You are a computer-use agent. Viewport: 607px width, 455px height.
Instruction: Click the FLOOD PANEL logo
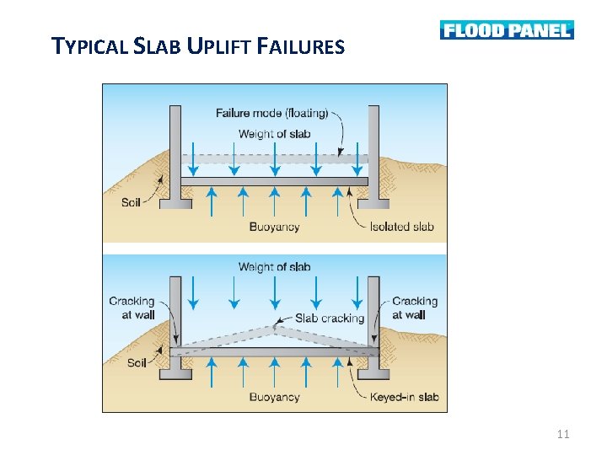pyautogui.click(x=506, y=30)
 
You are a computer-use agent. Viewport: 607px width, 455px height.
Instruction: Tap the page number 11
pyautogui.click(x=564, y=434)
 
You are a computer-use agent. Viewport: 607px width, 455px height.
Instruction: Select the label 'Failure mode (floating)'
pyautogui.click(x=271, y=114)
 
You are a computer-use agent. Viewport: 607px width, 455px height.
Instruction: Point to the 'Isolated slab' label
pyautogui.click(x=402, y=226)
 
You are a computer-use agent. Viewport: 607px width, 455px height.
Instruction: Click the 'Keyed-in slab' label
pyautogui.click(x=405, y=397)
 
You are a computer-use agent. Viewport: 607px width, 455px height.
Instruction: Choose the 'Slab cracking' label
pyautogui.click(x=330, y=318)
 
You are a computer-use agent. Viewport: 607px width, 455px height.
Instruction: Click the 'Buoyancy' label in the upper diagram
pyautogui.click(x=275, y=226)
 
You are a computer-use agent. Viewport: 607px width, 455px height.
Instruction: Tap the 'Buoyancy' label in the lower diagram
pyautogui.click(x=275, y=397)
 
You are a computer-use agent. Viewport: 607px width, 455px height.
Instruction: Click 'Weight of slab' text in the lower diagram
pyautogui.click(x=275, y=267)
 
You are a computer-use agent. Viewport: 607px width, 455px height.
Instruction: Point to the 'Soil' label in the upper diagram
pyautogui.click(x=131, y=203)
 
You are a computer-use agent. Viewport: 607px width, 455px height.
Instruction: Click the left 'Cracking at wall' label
pyautogui.click(x=132, y=308)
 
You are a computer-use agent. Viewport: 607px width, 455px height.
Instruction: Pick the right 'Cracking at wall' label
pyautogui.click(x=414, y=308)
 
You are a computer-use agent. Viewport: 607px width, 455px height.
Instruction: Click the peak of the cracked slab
pyautogui.click(x=275, y=327)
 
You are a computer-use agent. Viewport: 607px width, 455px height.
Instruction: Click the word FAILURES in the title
pyautogui.click(x=298, y=46)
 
